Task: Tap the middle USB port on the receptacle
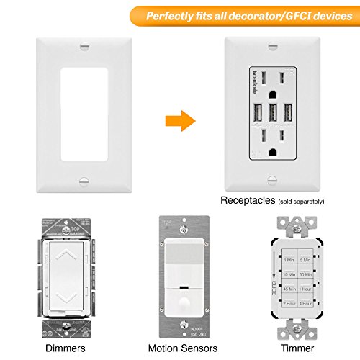[273, 114]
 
